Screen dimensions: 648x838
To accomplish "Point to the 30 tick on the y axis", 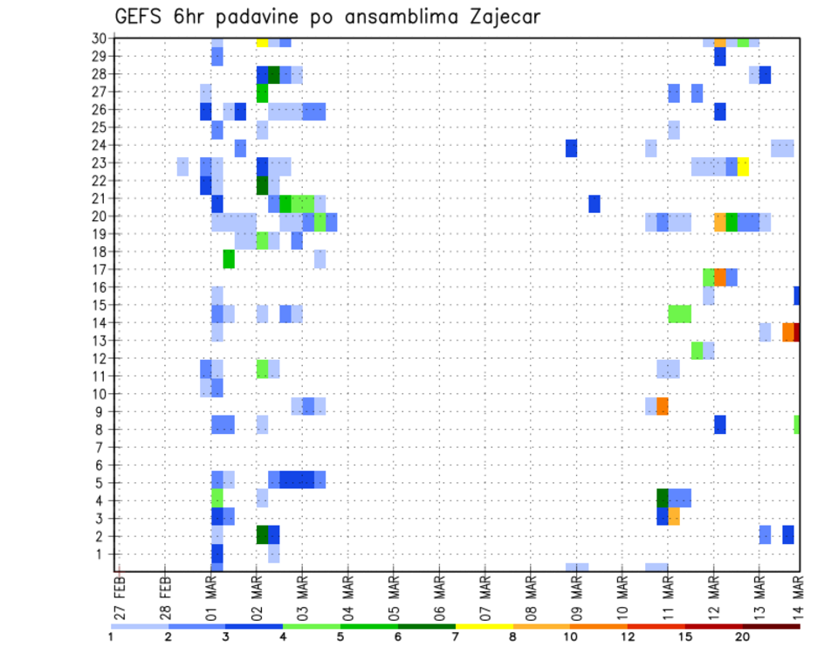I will pos(100,38).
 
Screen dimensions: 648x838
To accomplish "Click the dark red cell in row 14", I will pos(797,332).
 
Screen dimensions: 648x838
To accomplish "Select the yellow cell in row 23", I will pos(743,167).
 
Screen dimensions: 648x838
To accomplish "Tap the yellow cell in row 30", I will pos(262,41).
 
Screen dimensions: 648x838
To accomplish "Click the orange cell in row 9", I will pos(663,406).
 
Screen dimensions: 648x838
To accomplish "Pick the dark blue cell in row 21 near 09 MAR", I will pos(594,203).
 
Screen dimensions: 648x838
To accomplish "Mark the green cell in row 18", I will pos(229,259).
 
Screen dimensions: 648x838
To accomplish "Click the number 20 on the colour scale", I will pos(742,637).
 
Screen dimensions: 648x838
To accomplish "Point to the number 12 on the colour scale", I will pos(628,637).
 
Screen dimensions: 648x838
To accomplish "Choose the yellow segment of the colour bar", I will pos(484,626).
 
